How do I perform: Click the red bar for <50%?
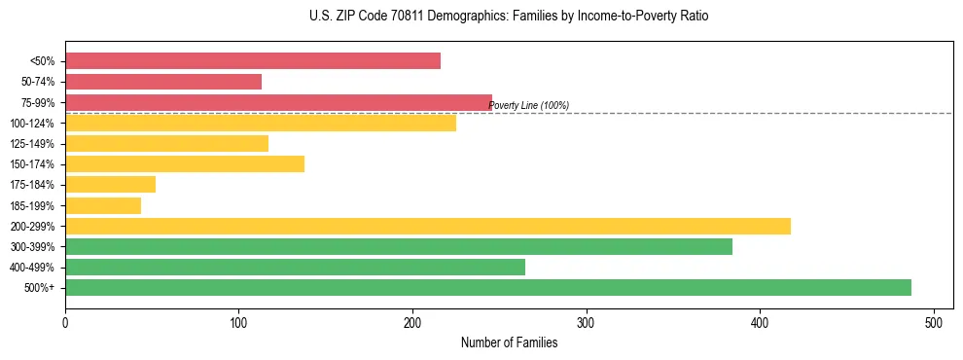[x=253, y=61]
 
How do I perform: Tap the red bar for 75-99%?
[x=278, y=102]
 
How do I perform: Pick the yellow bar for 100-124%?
[x=261, y=123]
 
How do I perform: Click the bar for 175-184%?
[x=110, y=185]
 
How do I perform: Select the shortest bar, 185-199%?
[x=103, y=205]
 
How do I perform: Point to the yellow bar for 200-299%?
[x=428, y=226]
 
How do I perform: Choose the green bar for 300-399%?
[x=399, y=247]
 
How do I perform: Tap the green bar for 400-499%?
[x=295, y=268]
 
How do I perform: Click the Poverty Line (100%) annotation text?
[x=528, y=106]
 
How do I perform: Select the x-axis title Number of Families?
[x=509, y=342]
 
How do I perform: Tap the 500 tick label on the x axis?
[x=934, y=322]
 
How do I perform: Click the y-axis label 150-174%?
[x=32, y=164]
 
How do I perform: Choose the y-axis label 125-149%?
[x=32, y=144]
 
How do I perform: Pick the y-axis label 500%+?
[x=39, y=288]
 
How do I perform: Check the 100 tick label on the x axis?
[x=238, y=322]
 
